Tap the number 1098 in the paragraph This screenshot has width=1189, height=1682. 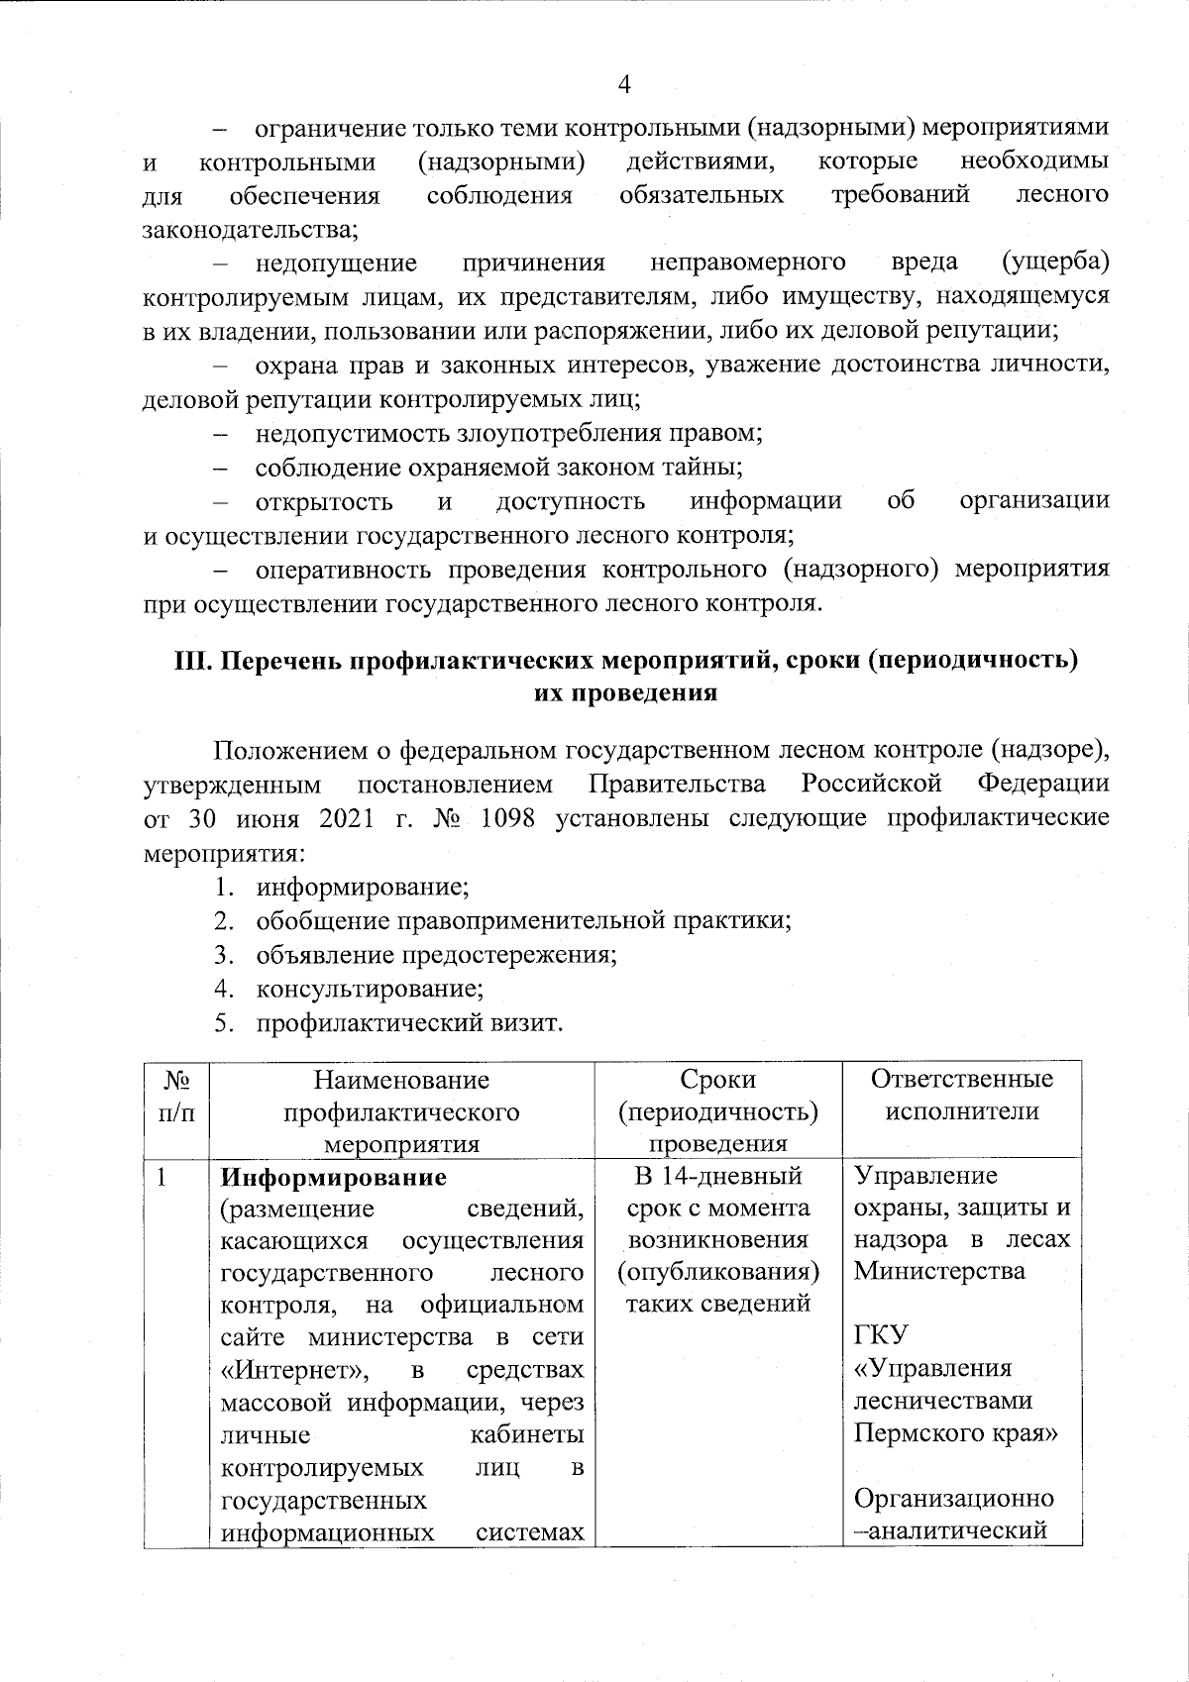coord(511,819)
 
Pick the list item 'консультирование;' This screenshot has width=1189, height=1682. coord(370,988)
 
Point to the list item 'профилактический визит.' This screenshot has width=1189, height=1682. coord(409,1021)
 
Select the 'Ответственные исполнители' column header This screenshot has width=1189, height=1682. coord(961,1095)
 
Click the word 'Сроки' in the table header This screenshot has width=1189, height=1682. coord(717,1079)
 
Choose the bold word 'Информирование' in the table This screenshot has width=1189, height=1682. coord(333,1178)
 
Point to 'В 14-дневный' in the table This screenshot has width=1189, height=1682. coord(717,1177)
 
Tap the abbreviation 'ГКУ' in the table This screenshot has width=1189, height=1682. coord(881,1335)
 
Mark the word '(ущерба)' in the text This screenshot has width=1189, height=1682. coord(1055,262)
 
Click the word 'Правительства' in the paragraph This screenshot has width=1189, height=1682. coord(677,786)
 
